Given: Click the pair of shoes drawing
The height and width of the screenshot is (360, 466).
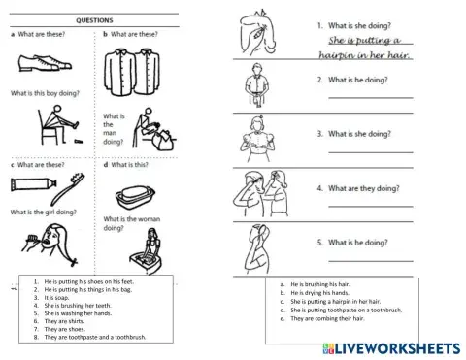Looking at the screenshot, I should click(44, 65).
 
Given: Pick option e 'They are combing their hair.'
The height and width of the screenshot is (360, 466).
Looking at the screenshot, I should click(320, 317).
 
